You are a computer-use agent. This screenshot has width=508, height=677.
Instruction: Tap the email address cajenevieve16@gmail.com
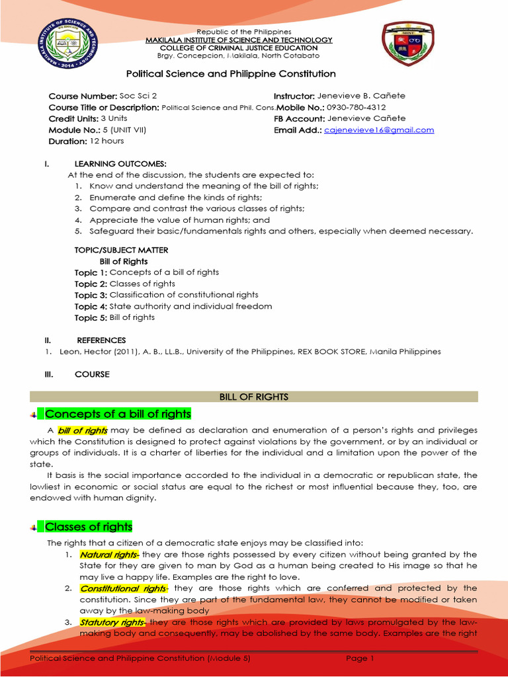tap(379, 130)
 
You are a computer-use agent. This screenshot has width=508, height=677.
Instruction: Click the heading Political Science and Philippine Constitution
tap(231, 74)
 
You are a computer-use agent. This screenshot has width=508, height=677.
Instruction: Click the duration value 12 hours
tap(106, 141)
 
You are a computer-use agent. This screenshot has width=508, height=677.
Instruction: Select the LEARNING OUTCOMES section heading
tap(120, 163)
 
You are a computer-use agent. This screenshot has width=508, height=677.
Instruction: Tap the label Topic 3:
tap(91, 295)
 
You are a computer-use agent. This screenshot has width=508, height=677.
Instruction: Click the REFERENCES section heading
tap(101, 340)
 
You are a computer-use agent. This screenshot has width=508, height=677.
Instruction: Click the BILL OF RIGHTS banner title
tap(254, 397)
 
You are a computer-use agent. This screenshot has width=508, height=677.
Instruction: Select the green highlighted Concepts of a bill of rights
tap(118, 415)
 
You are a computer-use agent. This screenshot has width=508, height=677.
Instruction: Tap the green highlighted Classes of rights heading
tap(88, 527)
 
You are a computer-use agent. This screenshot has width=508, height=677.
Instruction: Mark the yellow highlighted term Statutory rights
tap(111, 622)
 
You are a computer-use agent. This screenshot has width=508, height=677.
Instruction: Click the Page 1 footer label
tap(360, 658)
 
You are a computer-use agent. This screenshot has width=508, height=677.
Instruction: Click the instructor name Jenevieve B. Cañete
tap(361, 96)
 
